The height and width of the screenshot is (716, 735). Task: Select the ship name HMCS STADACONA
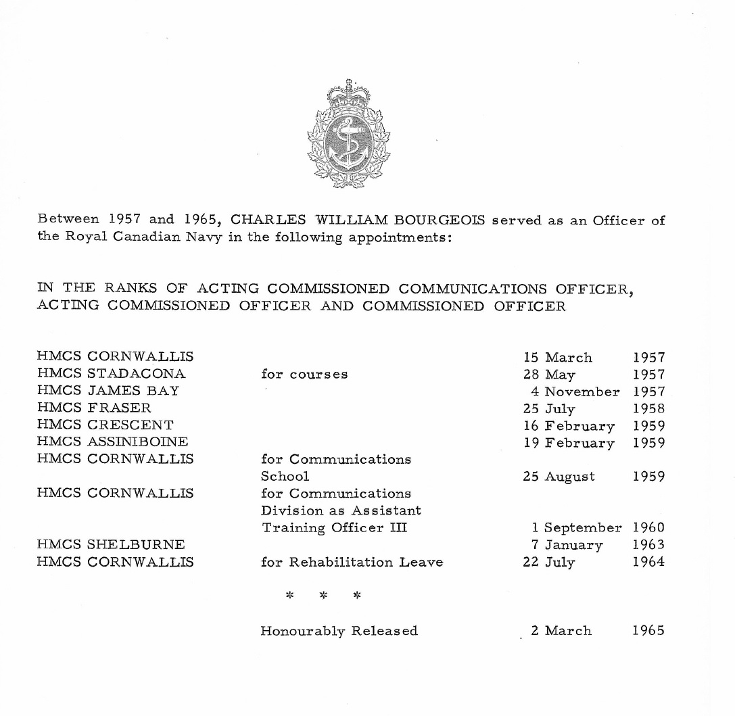112,374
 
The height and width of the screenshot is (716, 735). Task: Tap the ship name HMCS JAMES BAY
108,391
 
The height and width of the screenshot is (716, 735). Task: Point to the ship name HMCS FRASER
95,408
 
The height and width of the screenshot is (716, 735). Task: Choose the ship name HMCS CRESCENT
105,425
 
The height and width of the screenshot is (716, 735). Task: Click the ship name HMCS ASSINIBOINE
113,443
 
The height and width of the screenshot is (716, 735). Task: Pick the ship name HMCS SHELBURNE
111,544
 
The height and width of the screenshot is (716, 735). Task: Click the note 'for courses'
304,374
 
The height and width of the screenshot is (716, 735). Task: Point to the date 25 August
559,476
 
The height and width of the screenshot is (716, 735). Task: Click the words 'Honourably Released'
339,631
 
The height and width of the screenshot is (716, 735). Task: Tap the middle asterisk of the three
323,596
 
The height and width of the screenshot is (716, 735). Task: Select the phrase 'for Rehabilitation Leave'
352,562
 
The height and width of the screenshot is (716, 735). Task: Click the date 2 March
561,631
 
